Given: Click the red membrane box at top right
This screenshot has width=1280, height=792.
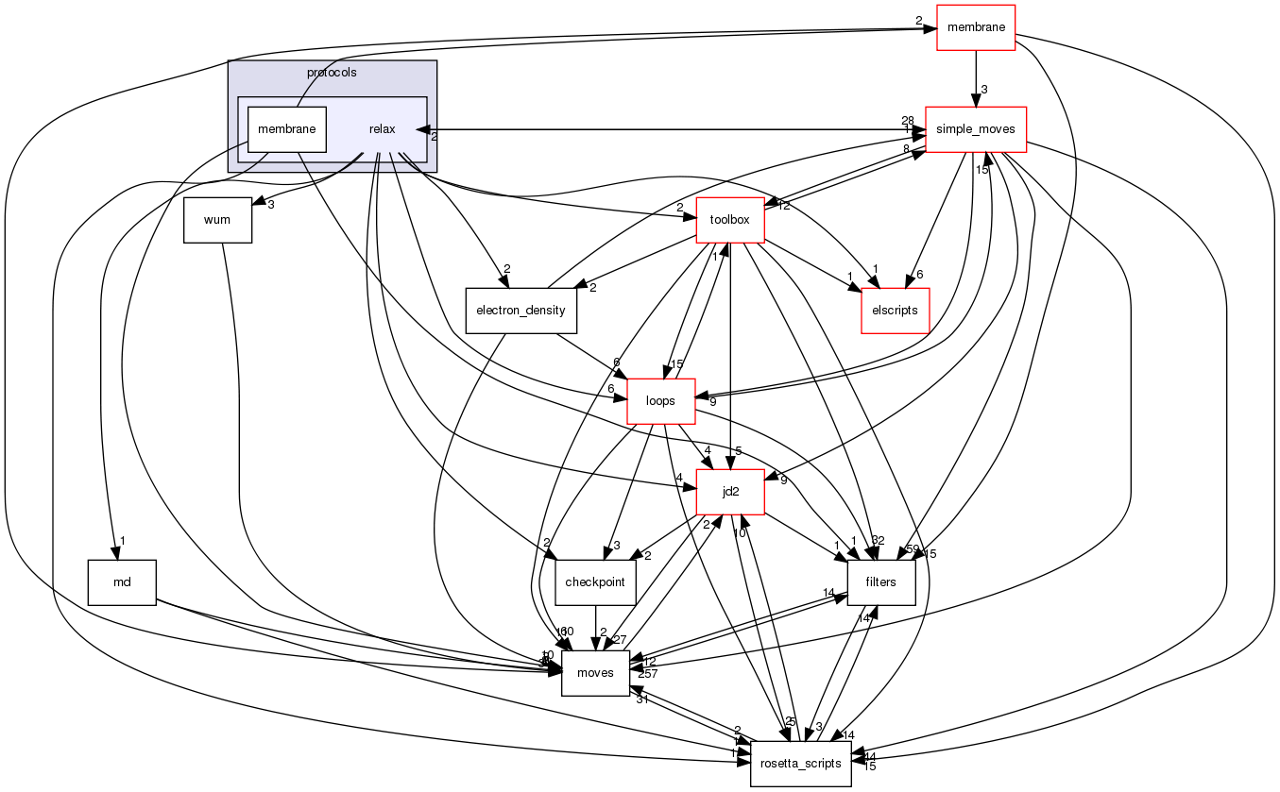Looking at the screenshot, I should (975, 27).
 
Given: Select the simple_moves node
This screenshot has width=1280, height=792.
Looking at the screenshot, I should (976, 129).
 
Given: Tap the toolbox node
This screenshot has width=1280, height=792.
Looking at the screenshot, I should (729, 220).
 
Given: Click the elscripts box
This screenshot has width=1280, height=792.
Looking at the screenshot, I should (895, 311).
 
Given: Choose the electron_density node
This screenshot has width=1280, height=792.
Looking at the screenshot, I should (521, 310).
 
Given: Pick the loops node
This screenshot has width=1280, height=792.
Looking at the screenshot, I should (660, 401).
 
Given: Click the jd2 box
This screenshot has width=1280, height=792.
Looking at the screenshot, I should (729, 492).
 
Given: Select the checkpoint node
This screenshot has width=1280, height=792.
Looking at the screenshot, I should (595, 582).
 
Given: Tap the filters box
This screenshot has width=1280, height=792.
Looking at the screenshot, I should (881, 582).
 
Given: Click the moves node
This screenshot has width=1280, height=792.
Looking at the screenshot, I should (595, 673).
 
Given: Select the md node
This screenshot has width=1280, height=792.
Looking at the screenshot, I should (122, 582).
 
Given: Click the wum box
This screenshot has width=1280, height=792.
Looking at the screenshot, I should (218, 220).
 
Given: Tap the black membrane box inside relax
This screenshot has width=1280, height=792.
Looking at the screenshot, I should (287, 129).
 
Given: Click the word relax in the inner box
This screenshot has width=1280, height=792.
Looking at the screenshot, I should (382, 129).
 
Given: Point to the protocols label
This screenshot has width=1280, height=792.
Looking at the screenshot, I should (332, 73).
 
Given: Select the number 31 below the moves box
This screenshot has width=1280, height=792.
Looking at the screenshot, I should (641, 699).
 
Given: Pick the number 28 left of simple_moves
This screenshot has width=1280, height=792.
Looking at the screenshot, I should (907, 120).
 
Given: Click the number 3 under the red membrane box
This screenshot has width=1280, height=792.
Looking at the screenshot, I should (983, 90).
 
